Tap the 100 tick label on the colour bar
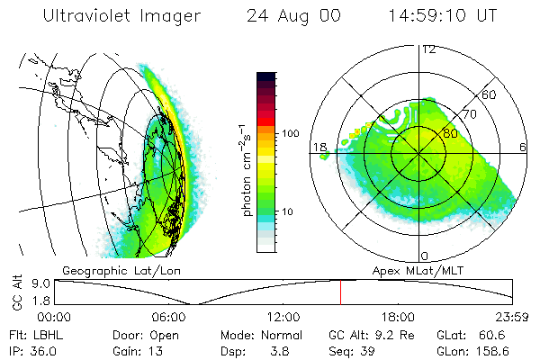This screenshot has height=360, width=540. (x=290, y=133)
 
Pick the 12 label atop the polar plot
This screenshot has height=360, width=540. (x=428, y=49)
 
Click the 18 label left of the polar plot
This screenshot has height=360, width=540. (x=319, y=147)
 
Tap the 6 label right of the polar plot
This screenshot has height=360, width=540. (x=522, y=147)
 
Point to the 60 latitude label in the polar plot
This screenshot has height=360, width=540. (x=490, y=94)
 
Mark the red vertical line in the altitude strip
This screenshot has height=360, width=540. (x=340, y=292)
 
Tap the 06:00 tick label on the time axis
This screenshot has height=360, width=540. (x=169, y=317)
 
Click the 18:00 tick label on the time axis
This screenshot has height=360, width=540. (x=398, y=317)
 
